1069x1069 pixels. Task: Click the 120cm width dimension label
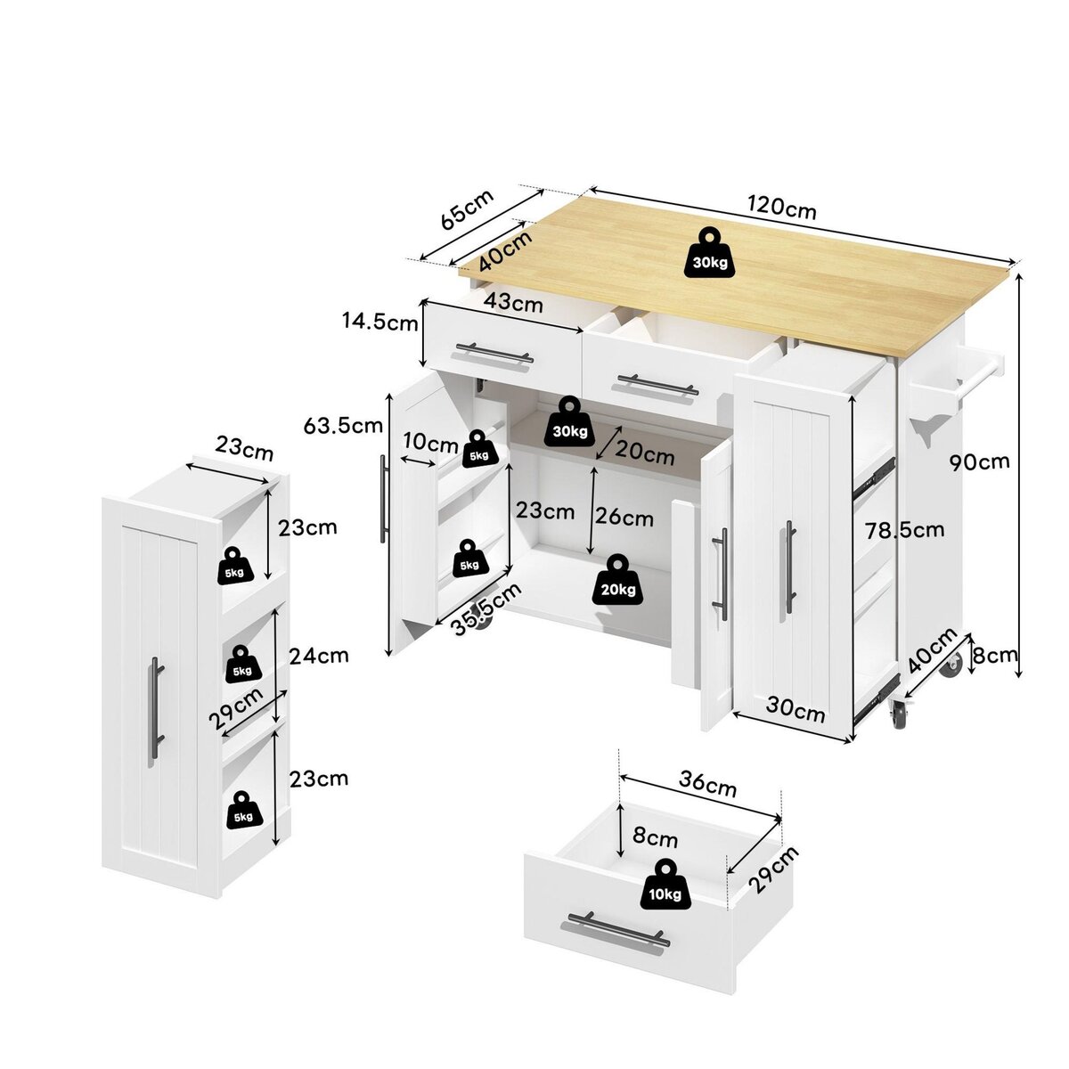point(781,208)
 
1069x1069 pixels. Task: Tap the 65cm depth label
point(467,209)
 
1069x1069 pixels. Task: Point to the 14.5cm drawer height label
point(379,322)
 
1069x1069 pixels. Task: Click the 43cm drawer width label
point(513,303)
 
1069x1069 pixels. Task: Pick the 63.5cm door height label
point(343,426)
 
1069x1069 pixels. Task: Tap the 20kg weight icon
point(617,580)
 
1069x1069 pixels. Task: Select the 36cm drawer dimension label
point(707,784)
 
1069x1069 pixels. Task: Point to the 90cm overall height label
point(979,461)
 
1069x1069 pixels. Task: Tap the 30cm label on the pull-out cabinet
point(796,709)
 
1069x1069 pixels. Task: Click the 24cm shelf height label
point(319,657)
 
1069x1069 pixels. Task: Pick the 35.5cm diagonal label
point(486,609)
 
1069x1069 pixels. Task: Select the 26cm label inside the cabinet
point(624,518)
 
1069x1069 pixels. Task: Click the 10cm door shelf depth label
point(430,444)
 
